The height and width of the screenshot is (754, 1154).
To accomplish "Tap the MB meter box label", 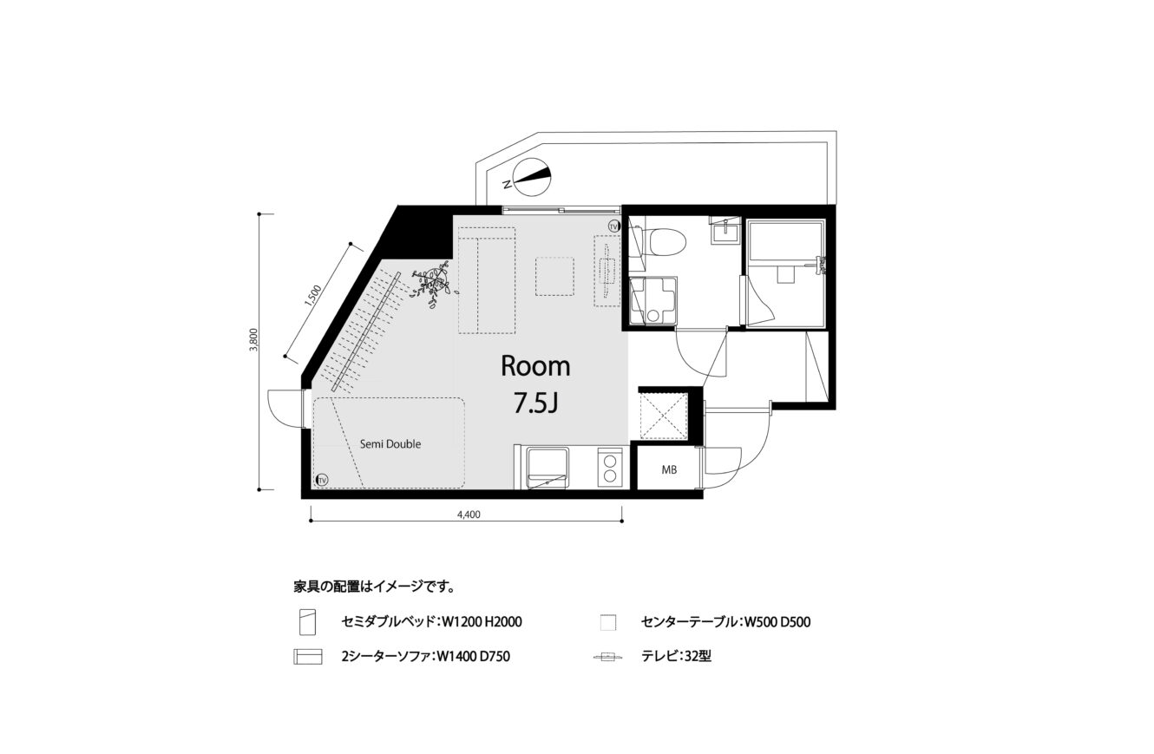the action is [x=669, y=469].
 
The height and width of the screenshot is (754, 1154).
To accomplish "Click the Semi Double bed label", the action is [x=390, y=444].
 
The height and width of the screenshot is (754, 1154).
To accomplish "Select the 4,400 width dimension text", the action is [x=469, y=515].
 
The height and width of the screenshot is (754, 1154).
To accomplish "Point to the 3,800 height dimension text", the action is [x=253, y=340].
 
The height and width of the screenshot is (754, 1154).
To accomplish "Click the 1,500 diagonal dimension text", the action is [x=313, y=296].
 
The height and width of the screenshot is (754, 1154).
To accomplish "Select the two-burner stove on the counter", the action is [x=610, y=467].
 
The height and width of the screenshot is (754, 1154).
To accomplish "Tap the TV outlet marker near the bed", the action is [x=323, y=480].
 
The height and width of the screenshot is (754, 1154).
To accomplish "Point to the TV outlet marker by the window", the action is [x=613, y=226].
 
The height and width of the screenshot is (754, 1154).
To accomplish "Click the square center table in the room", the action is [x=554, y=277].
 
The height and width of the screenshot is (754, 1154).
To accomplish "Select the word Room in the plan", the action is [x=536, y=367].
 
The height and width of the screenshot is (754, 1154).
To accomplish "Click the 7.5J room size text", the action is [x=536, y=403].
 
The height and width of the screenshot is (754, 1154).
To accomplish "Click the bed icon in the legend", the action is [x=307, y=622].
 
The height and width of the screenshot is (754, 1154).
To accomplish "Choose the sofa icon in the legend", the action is [x=308, y=657].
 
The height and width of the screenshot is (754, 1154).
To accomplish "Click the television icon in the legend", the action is [x=608, y=657].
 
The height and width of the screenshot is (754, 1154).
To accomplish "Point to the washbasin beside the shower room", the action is [x=725, y=230].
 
